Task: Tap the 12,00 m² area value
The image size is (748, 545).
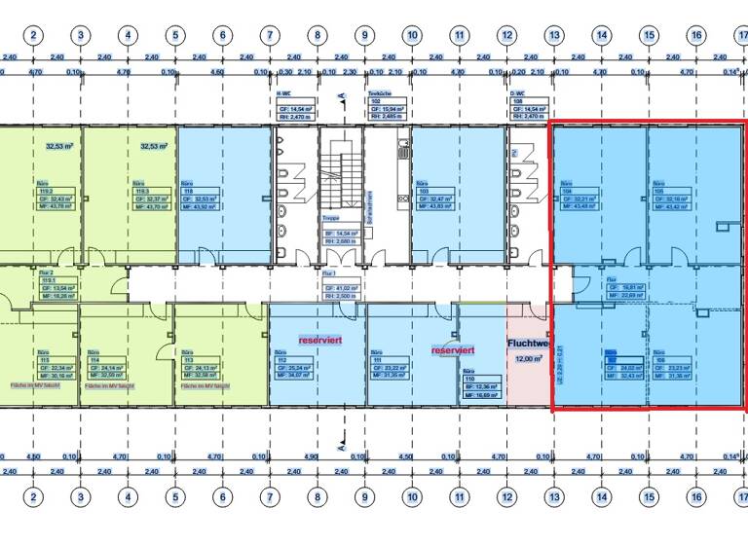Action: point(530,358)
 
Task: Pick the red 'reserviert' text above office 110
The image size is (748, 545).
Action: point(453,349)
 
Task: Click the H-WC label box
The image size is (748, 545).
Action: point(294,103)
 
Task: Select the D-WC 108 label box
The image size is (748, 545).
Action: point(529,103)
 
